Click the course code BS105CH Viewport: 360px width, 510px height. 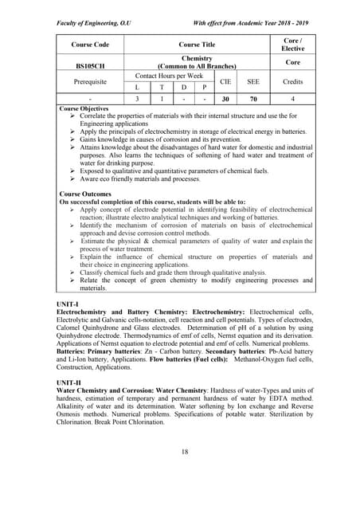90,65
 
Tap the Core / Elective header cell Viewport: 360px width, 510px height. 292,44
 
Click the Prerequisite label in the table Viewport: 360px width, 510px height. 90,81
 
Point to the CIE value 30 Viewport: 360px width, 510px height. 225,99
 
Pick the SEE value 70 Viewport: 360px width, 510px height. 253,99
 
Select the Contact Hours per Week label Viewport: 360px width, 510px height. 170,75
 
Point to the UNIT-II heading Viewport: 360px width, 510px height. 74,382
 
